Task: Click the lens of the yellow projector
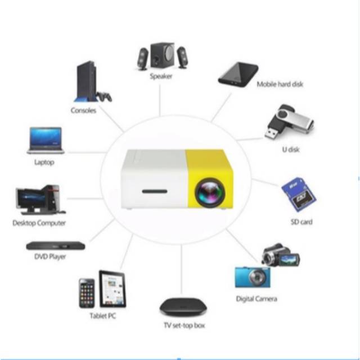210,192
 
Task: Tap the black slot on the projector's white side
155,191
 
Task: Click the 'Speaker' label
161,76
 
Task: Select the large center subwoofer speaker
163,55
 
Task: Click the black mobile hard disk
238,75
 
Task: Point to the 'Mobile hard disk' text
280,84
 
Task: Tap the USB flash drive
290,121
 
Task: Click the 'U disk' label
291,150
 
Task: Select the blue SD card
299,194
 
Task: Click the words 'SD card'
301,222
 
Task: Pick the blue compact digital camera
253,277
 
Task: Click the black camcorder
281,255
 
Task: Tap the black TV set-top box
183,307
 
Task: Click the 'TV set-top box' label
184,325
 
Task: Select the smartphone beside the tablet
87,293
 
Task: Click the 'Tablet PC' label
102,316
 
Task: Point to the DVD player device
56,246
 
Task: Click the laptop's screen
46,138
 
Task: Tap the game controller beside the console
105,96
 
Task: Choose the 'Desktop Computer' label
39,223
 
